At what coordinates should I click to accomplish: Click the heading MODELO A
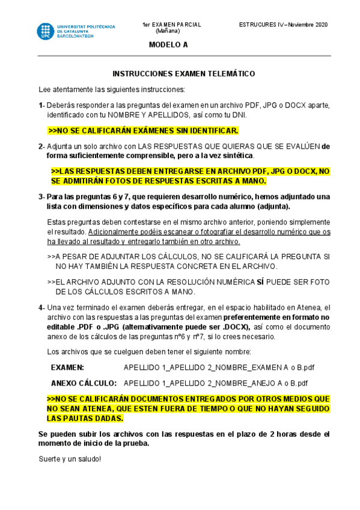(x=168, y=45)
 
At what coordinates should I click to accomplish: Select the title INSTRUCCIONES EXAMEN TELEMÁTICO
(x=184, y=74)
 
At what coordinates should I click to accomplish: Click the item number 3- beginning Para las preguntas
(x=41, y=197)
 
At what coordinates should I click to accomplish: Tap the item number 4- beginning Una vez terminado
(x=41, y=307)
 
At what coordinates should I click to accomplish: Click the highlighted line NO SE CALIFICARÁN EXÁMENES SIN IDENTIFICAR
(x=143, y=130)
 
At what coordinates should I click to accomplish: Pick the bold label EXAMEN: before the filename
(x=67, y=367)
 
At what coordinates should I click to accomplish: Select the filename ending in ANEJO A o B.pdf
(x=215, y=382)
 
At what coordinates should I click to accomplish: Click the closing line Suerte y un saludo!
(x=70, y=459)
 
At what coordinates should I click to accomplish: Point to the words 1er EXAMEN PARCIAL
(x=172, y=25)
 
